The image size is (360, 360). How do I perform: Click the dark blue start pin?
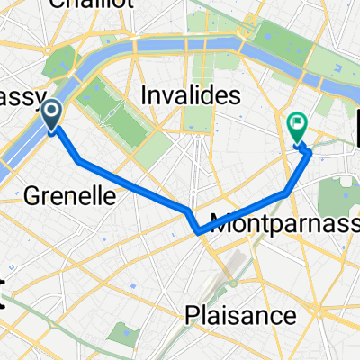point(51,114)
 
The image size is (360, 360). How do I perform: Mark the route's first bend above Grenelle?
point(79,160)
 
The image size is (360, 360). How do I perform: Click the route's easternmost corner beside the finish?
point(312,152)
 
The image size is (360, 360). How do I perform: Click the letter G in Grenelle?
point(29,193)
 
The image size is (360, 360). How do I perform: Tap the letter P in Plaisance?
point(192,316)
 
